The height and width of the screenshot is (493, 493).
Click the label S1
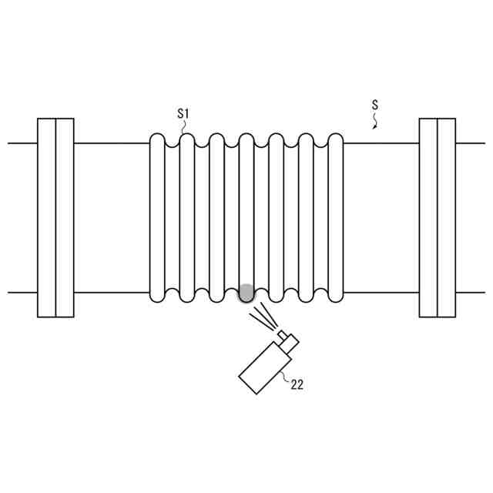click(183, 114)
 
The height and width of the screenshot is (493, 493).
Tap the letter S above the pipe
click(375, 104)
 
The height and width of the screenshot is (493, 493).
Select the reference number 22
click(297, 384)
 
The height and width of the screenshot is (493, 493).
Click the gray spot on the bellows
click(246, 293)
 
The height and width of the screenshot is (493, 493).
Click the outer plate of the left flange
click(46, 217)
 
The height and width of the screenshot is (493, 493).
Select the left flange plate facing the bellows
click(65, 217)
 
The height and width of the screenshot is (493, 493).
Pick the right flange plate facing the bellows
click(428, 217)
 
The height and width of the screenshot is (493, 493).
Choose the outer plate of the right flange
click(446, 217)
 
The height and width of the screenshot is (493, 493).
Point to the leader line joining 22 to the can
click(284, 375)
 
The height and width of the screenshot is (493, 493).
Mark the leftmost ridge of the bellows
click(157, 217)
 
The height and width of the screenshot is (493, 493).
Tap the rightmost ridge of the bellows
click(336, 217)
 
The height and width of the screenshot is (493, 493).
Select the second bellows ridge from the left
click(187, 217)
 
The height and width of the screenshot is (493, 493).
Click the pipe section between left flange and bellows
click(112, 217)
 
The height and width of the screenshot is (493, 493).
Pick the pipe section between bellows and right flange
click(381, 217)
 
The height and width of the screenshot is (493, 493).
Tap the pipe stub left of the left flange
click(22, 217)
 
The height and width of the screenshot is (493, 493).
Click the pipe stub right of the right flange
click(470, 217)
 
